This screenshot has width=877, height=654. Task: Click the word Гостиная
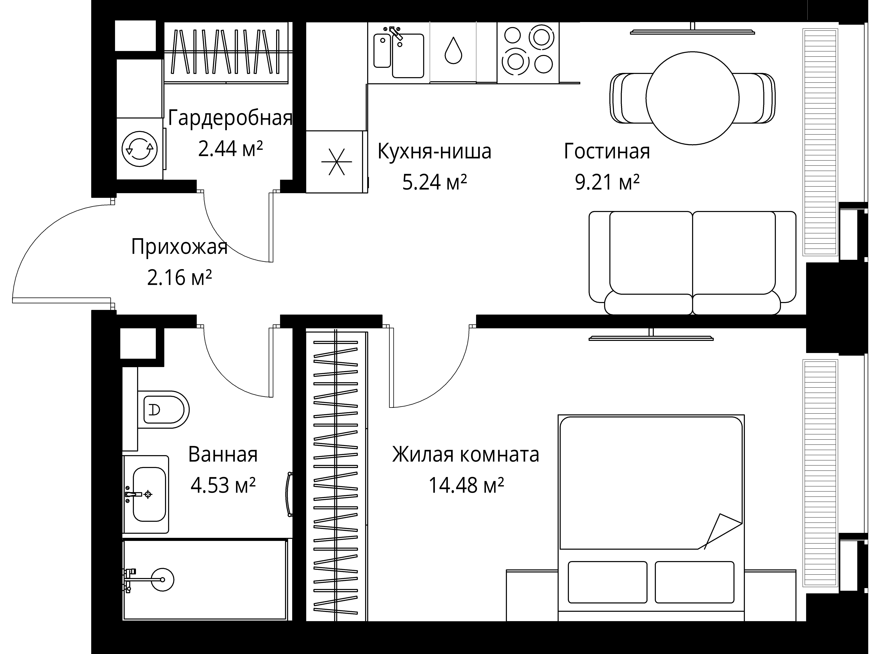point(607,151)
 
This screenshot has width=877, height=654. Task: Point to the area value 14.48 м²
point(466,485)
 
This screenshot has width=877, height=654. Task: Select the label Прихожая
point(179,247)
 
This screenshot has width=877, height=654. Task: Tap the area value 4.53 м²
point(223,485)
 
